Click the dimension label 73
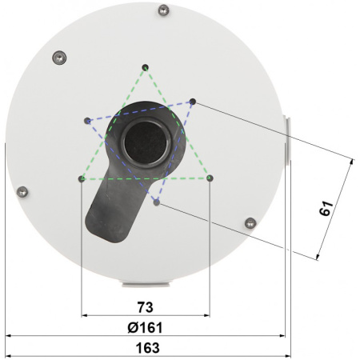[145, 307]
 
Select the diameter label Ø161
[146, 327]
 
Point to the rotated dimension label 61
[325, 209]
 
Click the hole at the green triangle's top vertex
[145, 66]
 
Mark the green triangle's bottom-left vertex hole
[82, 178]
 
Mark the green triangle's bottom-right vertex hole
[209, 178]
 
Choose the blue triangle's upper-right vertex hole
[194, 101]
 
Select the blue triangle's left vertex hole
[87, 122]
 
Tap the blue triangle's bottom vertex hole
[157, 202]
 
